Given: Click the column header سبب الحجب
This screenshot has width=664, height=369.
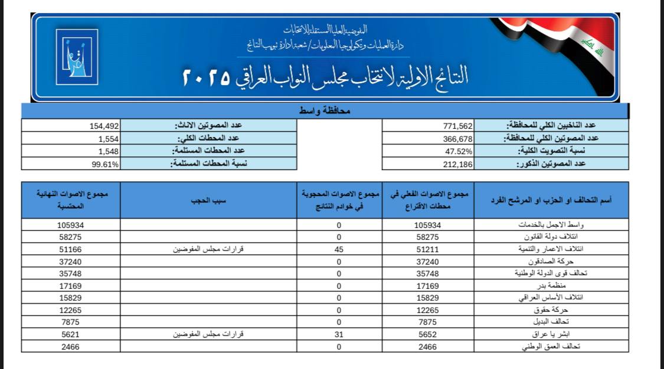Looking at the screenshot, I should coord(210,200).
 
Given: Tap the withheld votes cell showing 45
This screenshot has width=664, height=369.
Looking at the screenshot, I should coord(339,249).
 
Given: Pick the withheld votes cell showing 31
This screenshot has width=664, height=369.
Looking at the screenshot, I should coord(339,334).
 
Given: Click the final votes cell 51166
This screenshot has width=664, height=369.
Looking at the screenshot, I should coord(71,249).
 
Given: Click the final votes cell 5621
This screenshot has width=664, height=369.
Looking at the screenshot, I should coord(71,334).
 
